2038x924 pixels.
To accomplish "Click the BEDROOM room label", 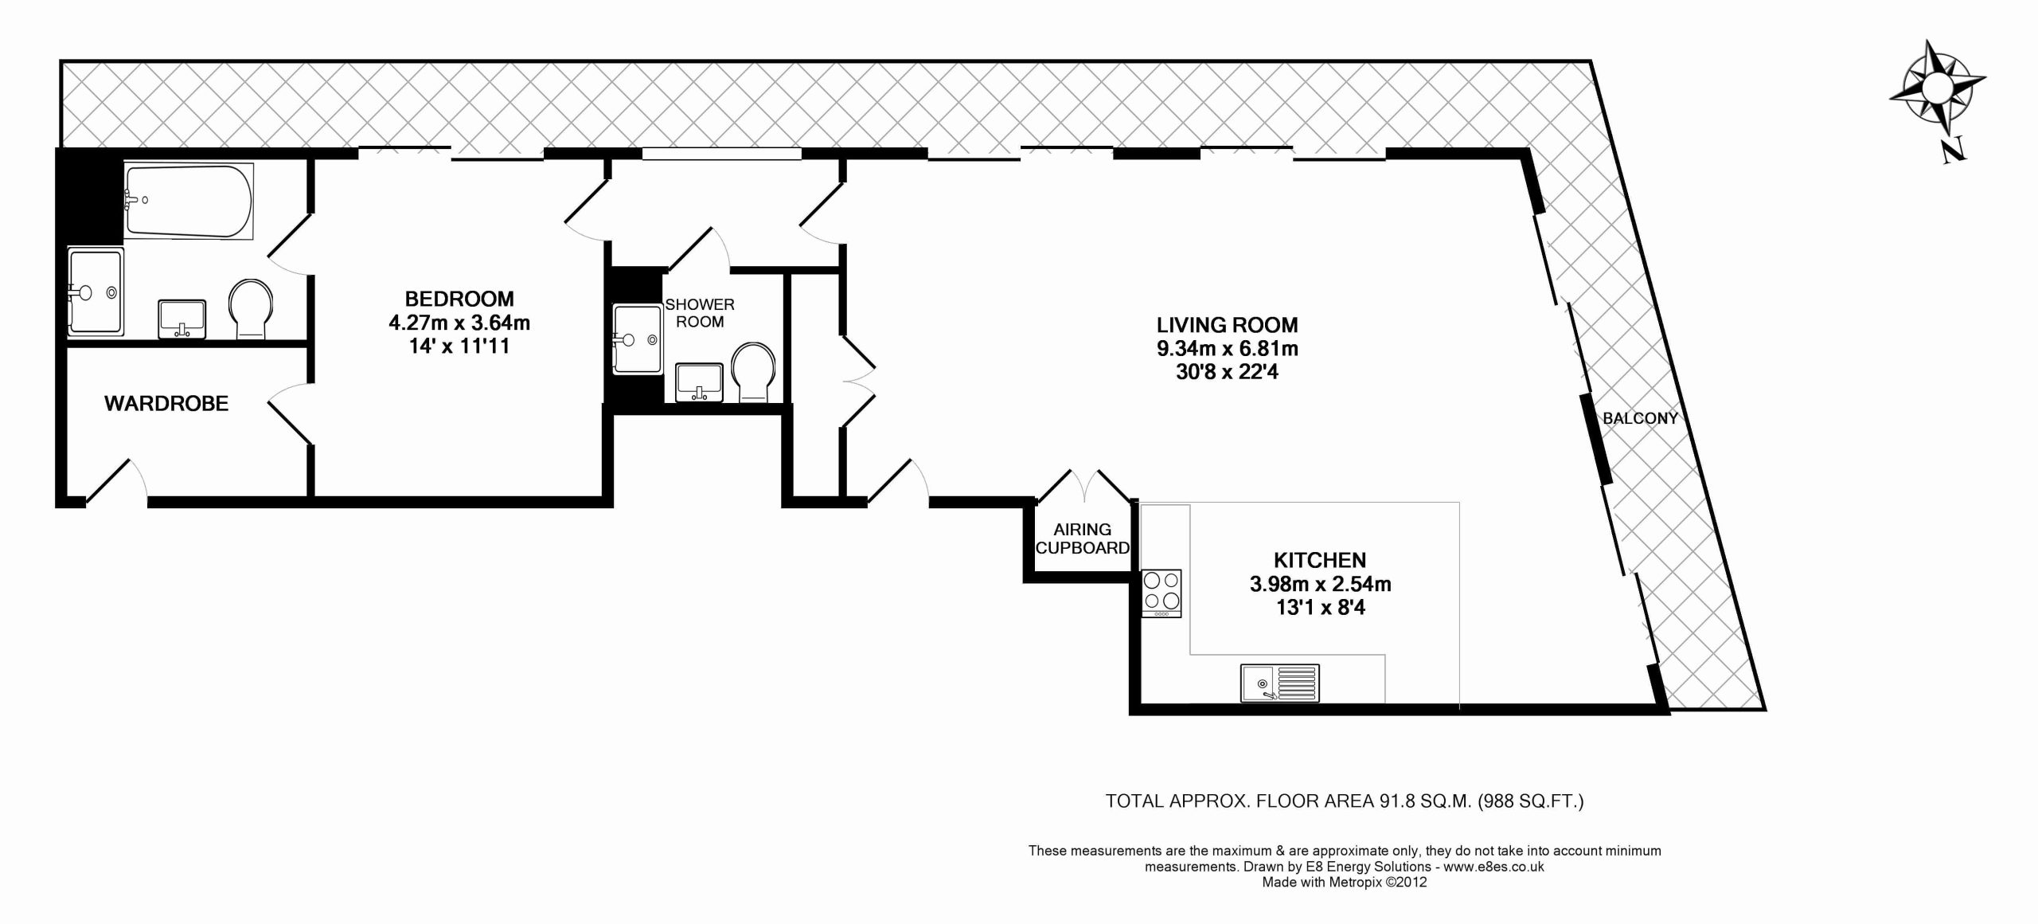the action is coord(459,299).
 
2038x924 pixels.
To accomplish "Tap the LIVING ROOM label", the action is coord(1227,325).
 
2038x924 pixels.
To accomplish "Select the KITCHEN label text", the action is coord(1320,560).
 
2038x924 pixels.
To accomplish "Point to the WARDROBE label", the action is coord(166,404).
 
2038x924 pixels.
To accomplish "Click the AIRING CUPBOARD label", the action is coord(1082,538).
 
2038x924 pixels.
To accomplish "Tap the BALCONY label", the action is coord(1640,418).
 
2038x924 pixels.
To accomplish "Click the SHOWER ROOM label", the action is coord(700,313).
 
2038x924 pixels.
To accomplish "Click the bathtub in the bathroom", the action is coord(189,202).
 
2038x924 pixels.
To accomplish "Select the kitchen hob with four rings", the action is coord(1162,593).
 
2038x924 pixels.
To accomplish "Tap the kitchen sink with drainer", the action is coord(1279,683).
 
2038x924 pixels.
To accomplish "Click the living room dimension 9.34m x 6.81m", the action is coord(1227,349).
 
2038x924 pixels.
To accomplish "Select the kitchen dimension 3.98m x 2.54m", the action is coord(1320,584).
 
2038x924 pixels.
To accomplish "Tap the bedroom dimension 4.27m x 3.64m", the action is coord(459,323).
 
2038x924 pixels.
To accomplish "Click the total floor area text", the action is coord(1345,801).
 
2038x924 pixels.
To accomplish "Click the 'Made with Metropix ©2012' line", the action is coord(1345,882).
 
